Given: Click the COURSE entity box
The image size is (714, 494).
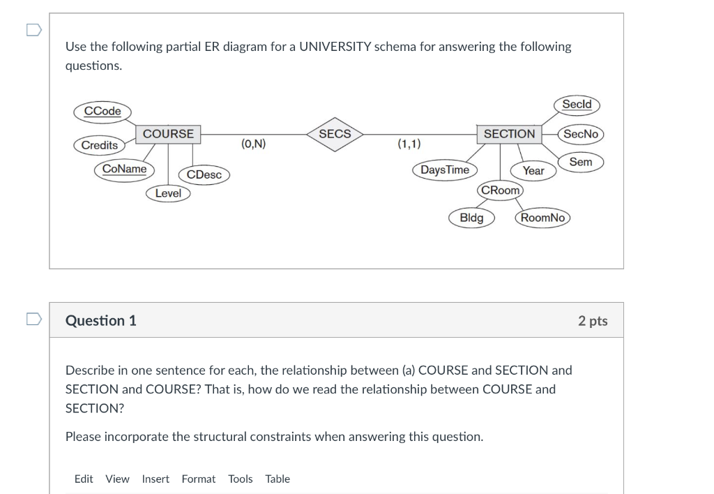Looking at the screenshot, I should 168,134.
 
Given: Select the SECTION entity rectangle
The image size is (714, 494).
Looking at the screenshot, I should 509,134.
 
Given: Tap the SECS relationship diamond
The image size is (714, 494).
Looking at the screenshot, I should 335,134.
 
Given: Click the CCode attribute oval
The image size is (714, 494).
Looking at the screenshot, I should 102,112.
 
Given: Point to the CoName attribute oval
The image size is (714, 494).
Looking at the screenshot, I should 125,170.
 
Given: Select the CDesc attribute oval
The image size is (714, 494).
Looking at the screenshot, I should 204,174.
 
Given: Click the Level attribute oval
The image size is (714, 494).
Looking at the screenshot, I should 168,193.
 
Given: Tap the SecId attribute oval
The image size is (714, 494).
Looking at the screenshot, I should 577,105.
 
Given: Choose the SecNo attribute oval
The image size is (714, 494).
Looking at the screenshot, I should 581,134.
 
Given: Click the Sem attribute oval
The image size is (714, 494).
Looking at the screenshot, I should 580,162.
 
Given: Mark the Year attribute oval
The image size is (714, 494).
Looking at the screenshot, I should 533,170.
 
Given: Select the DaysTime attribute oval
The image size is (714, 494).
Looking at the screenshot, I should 445,170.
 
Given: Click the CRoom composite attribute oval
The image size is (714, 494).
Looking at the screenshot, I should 501,190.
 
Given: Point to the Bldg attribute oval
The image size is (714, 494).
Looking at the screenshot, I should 471,218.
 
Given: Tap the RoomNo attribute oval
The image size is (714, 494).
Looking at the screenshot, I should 542,218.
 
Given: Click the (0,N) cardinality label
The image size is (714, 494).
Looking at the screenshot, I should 253,144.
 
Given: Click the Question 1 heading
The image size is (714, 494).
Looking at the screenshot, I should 101,321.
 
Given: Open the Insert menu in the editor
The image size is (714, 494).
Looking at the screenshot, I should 155,479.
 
